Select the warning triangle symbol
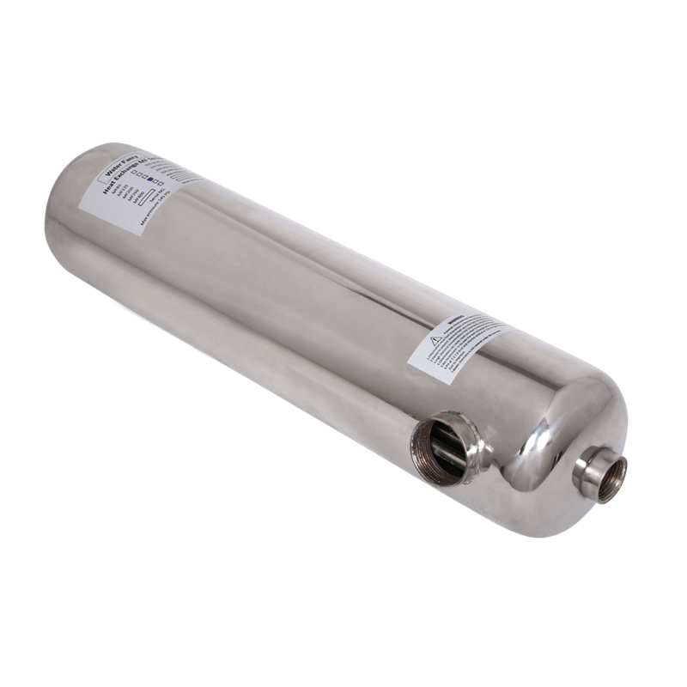(x=435, y=340)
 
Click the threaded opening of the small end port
(x=611, y=477)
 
